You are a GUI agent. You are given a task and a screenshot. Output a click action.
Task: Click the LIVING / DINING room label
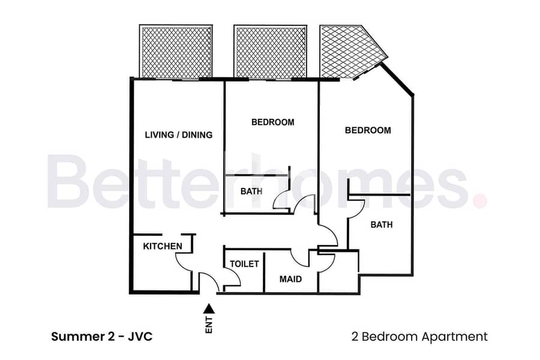[178, 134]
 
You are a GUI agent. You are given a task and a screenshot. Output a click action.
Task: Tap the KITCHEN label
[163, 247]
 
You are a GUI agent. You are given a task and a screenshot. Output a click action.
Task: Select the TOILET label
[244, 264]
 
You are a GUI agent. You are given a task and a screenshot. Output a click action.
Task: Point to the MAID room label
[290, 279]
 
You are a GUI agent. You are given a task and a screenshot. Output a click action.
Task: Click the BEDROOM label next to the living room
[273, 122]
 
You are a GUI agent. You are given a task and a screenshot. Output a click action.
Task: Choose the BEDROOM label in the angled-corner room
[368, 130]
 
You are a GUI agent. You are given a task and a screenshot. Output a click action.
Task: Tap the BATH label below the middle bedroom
[251, 191]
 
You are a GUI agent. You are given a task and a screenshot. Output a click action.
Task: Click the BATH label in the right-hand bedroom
[382, 224]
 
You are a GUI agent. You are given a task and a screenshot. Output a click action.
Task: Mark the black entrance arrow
[209, 308]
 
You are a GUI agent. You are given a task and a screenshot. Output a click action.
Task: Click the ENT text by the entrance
[209, 325]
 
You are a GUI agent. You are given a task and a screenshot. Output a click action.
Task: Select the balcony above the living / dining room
[176, 52]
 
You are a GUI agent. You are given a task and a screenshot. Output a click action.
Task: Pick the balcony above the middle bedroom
[271, 52]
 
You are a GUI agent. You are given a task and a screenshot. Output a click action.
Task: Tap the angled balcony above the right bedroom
[350, 52]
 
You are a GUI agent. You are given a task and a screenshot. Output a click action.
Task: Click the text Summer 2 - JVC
[102, 337]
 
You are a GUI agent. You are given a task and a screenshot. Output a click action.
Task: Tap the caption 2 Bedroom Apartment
[419, 337]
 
